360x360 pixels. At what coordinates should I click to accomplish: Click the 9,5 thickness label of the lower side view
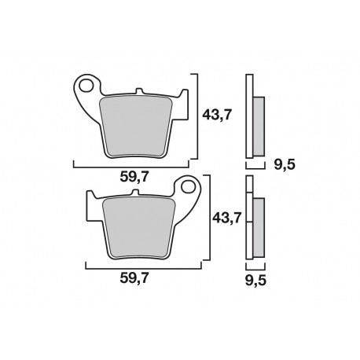[254, 277]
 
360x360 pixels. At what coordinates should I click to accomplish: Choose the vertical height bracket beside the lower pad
[208, 218]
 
